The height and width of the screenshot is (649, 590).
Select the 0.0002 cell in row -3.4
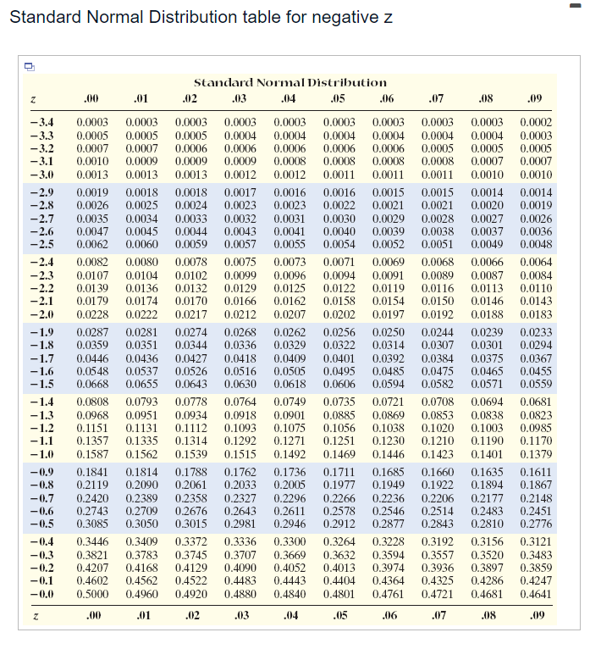point(534,124)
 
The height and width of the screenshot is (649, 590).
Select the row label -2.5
point(41,245)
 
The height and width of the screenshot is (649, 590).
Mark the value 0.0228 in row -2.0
point(91,315)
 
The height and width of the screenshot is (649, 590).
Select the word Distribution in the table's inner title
point(345,82)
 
